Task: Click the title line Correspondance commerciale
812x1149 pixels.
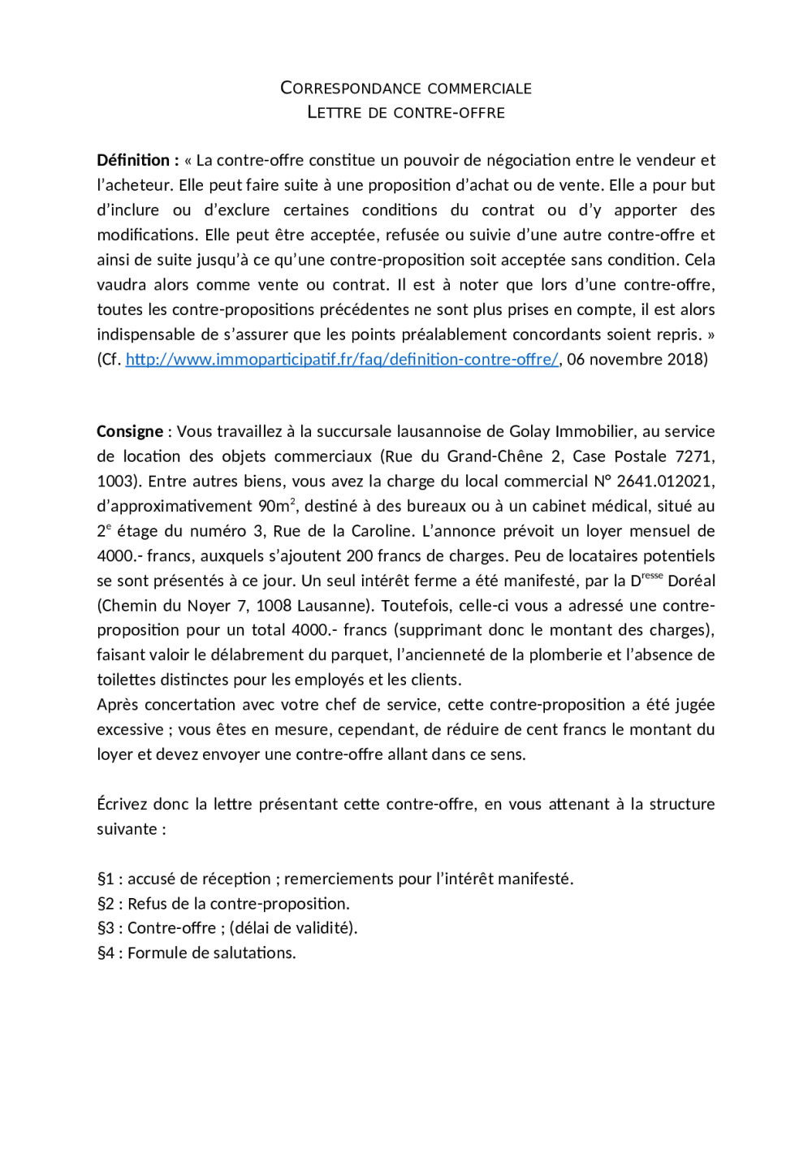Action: pyautogui.click(x=406, y=88)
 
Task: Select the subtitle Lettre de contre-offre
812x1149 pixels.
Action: pyautogui.click(x=406, y=112)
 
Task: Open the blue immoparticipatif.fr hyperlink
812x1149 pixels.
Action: pyautogui.click(x=342, y=359)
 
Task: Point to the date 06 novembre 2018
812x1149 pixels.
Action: pyautogui.click(x=637, y=359)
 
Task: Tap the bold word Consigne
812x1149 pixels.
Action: pyautogui.click(x=130, y=431)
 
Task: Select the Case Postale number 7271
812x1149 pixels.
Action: pyautogui.click(x=695, y=456)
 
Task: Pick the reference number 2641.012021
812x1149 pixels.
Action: pyautogui.click(x=666, y=481)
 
